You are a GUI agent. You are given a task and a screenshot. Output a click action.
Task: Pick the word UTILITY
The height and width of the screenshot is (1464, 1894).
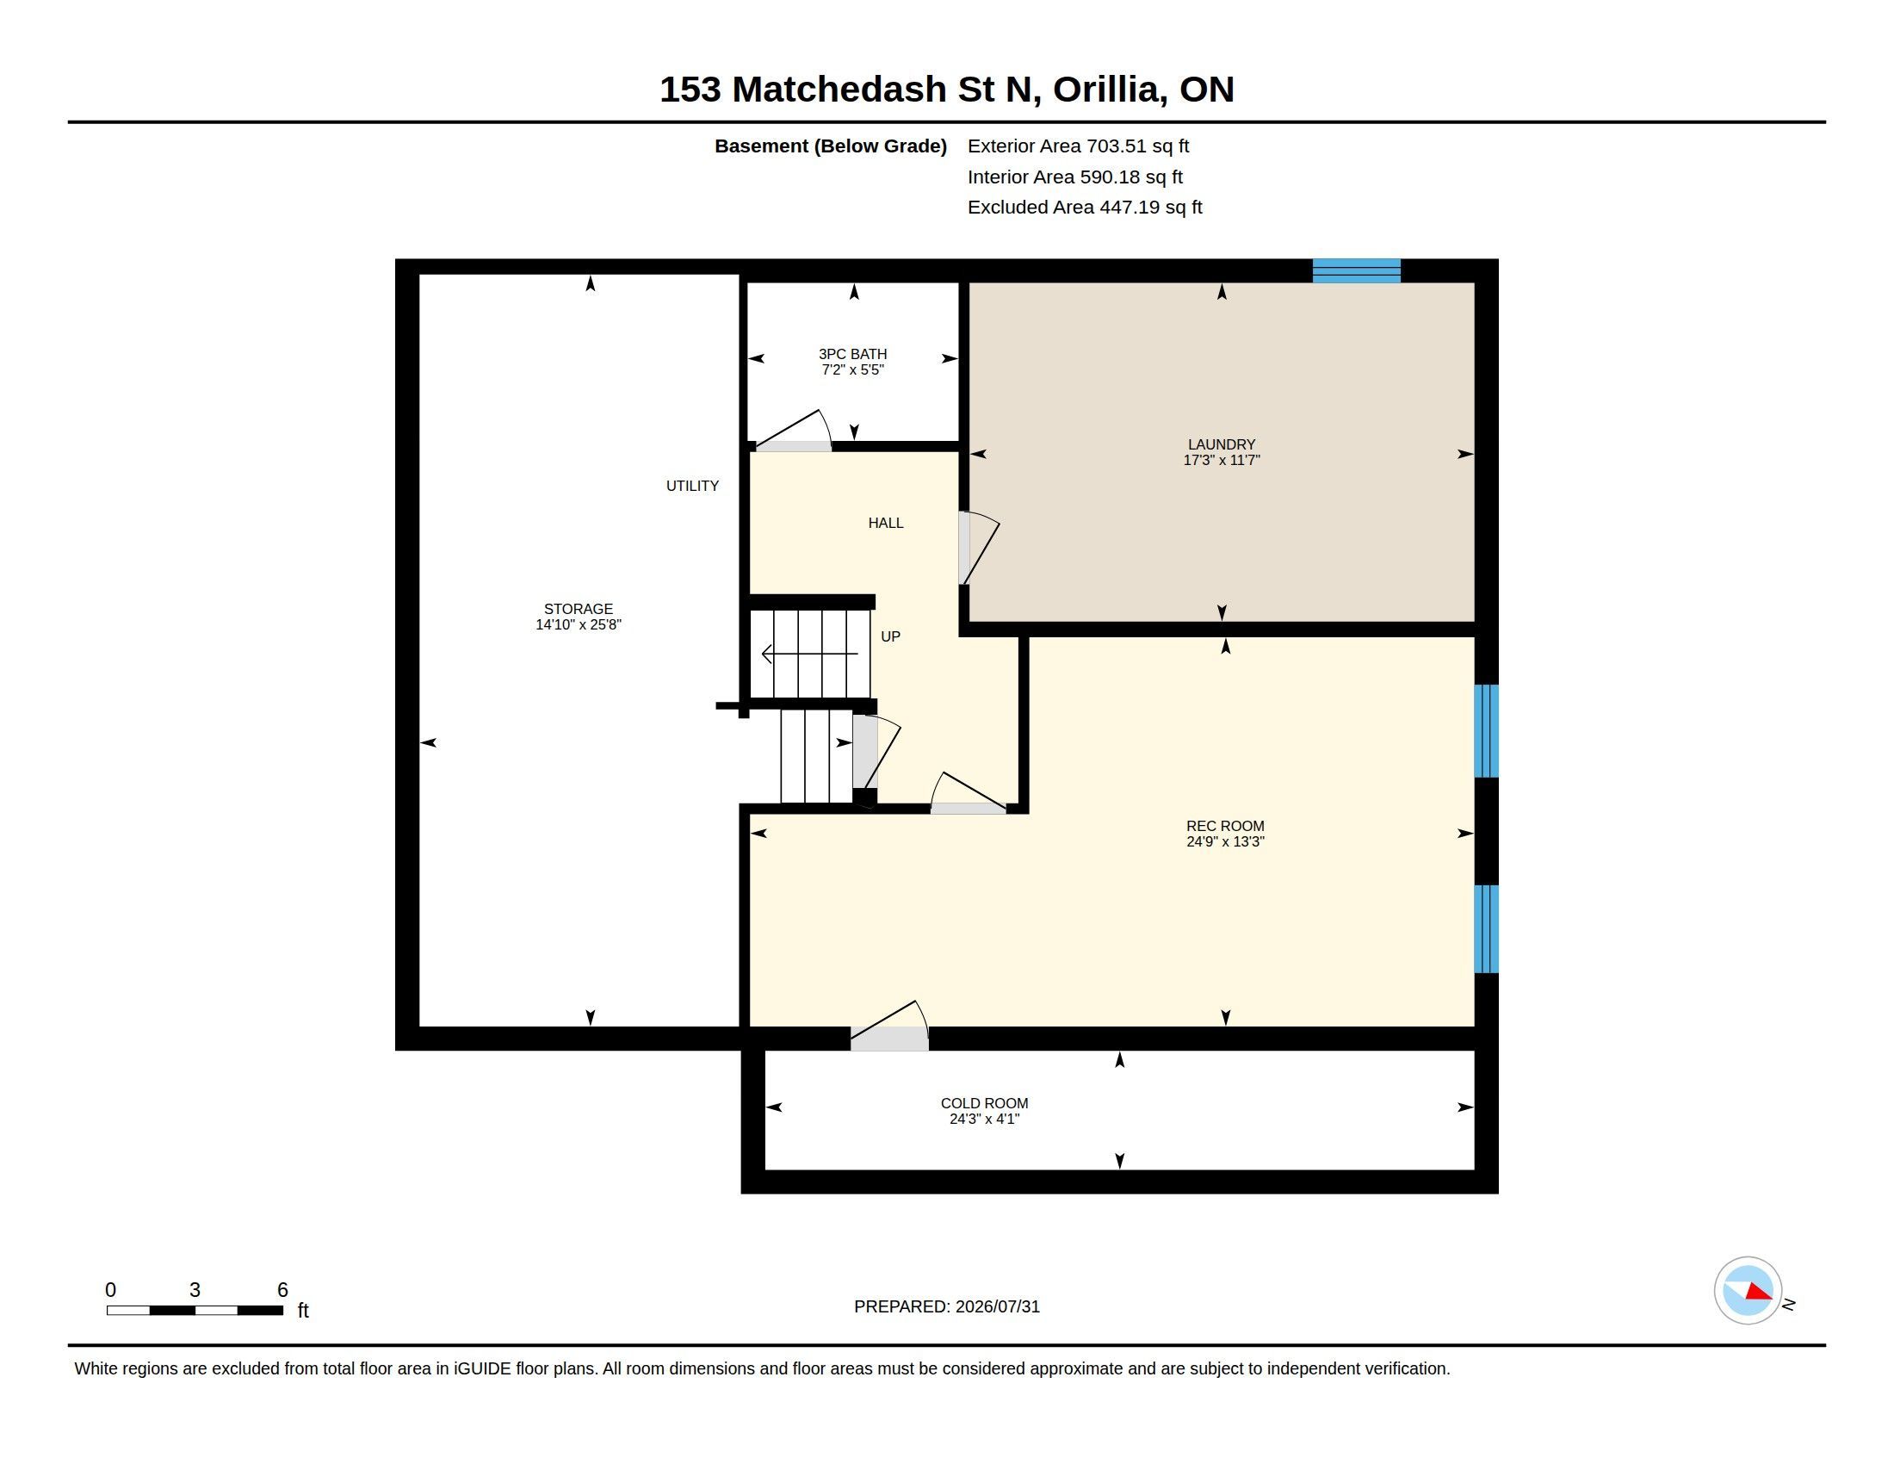692,486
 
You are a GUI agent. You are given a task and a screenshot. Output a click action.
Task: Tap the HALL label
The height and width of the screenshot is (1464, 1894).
885,523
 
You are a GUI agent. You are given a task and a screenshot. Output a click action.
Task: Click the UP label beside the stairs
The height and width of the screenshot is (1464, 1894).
891,636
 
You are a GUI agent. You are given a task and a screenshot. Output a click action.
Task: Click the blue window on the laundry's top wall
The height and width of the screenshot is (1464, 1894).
1356,270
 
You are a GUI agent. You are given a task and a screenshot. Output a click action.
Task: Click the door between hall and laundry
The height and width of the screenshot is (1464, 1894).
978,548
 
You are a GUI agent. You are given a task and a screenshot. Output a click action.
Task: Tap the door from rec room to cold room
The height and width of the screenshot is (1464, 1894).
889,1026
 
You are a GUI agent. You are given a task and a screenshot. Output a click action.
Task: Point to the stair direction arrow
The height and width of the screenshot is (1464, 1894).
810,654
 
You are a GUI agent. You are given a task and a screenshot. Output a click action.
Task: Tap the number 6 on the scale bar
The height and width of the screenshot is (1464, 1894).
282,1290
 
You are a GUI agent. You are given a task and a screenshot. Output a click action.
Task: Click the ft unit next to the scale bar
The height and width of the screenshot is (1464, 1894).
303,1311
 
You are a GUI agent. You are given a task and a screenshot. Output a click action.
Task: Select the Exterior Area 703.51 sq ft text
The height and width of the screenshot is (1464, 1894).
1078,146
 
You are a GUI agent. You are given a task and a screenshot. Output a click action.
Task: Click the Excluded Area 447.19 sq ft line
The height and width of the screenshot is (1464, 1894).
1085,208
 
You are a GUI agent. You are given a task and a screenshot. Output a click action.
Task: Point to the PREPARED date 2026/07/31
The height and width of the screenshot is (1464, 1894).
997,1307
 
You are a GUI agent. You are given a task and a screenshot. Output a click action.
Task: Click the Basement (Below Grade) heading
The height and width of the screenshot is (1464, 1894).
831,146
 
